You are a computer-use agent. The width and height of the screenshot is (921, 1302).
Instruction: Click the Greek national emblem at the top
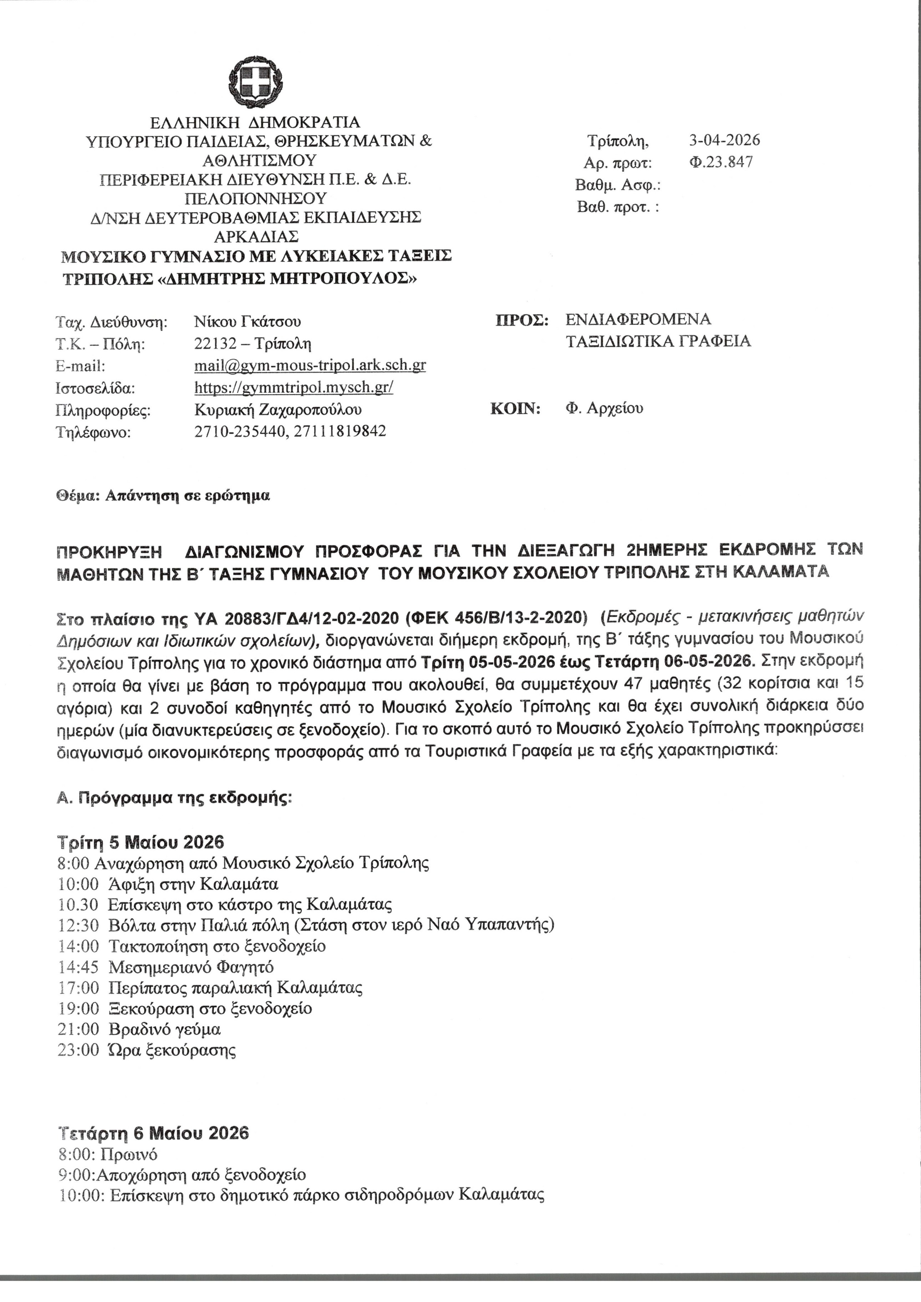pyautogui.click(x=255, y=86)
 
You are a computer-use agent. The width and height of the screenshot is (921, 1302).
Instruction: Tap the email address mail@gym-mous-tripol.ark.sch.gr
pyautogui.click(x=310, y=365)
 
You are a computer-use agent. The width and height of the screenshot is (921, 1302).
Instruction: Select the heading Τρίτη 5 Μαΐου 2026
pyautogui.click(x=141, y=841)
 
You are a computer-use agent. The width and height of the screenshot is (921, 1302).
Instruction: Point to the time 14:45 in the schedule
pyautogui.click(x=78, y=967)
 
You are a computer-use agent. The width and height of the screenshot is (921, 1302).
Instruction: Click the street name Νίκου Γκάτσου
pyautogui.click(x=248, y=321)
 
